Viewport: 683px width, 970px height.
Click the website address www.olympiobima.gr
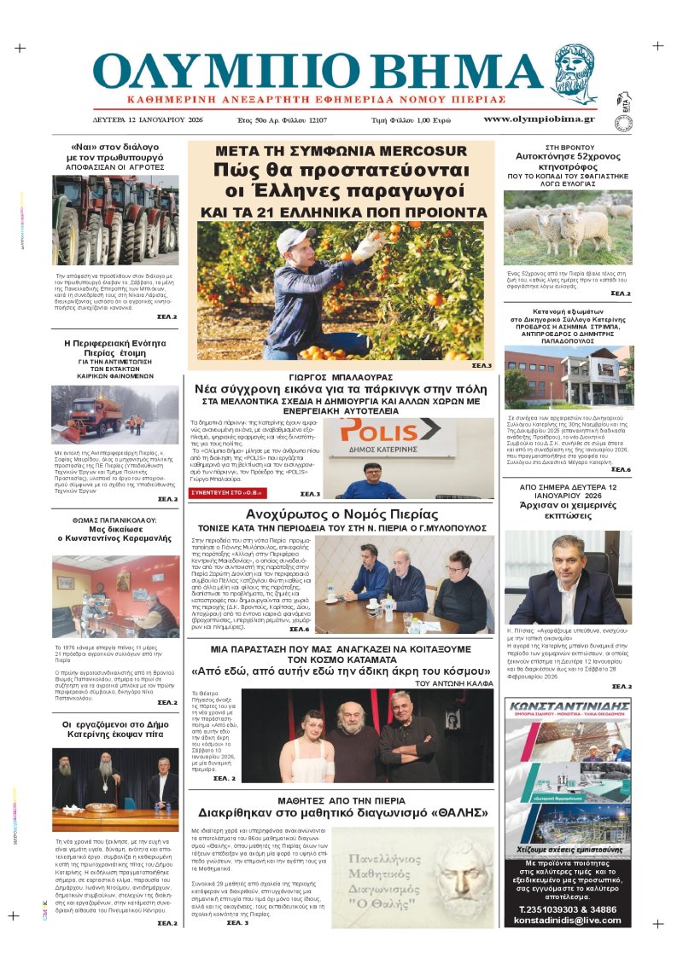tap(539, 119)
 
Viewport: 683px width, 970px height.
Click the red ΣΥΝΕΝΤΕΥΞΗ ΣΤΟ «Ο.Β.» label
tap(227, 493)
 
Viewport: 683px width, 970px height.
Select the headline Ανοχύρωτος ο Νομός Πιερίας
tap(341, 514)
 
